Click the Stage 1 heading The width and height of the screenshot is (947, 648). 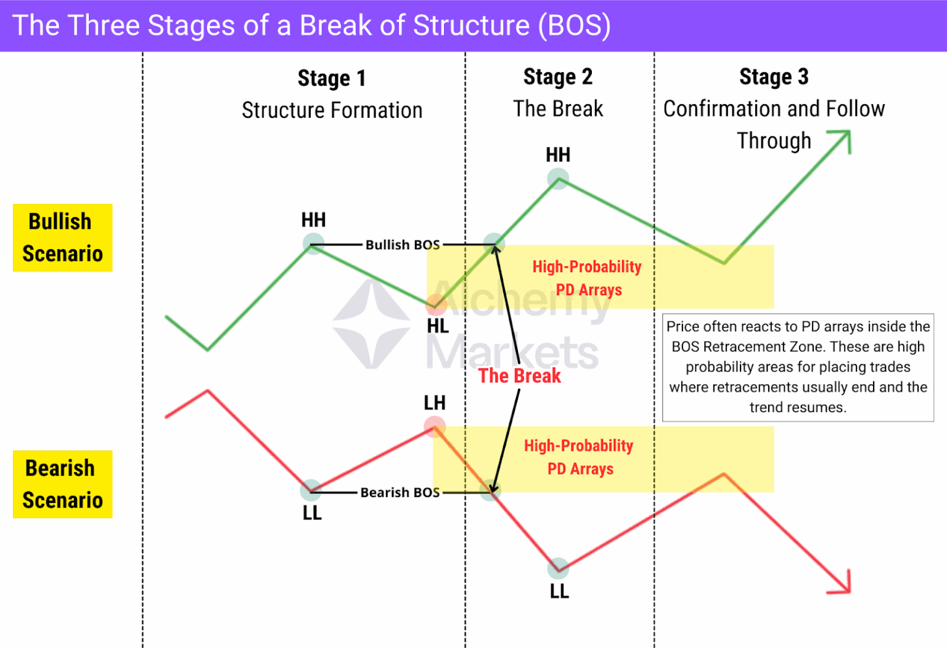click(332, 78)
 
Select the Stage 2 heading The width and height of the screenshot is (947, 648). click(558, 76)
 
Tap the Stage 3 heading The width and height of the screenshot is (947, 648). click(774, 76)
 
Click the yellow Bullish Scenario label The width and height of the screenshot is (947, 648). click(62, 237)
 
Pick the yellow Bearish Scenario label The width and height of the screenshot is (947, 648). click(62, 484)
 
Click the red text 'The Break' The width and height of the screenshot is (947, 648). click(519, 375)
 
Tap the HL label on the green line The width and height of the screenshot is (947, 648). click(438, 326)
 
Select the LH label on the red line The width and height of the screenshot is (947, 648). click(435, 403)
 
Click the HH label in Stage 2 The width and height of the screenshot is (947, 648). click(558, 155)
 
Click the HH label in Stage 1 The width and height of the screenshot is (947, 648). click(313, 219)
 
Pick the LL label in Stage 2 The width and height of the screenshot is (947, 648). click(559, 591)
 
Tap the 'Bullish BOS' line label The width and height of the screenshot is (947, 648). click(403, 245)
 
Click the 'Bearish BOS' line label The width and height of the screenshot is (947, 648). click(400, 492)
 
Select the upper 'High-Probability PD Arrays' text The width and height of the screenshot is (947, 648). click(587, 278)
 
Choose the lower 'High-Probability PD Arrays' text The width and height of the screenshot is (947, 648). click(579, 457)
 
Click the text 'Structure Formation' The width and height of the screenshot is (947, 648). click(332, 110)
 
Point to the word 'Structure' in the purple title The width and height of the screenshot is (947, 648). click(471, 26)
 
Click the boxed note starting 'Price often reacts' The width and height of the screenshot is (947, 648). click(798, 367)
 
